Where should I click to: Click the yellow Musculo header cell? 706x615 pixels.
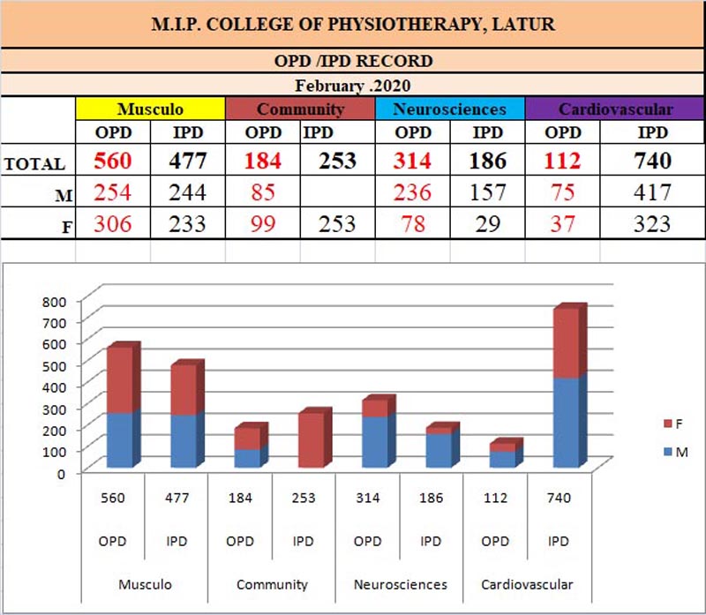tap(151, 109)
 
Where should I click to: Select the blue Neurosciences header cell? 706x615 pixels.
tap(450, 109)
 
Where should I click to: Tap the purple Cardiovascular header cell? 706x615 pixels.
tap(615, 109)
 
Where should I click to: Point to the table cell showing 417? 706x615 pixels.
tap(652, 192)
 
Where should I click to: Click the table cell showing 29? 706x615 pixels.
tap(487, 224)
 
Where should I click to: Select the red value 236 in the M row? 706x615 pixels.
tap(412, 192)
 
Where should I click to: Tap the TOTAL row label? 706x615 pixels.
tap(34, 163)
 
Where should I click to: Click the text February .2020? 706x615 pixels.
tap(353, 86)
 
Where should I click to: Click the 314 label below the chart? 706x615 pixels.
tap(368, 498)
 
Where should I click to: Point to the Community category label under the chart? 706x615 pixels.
tap(273, 584)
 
